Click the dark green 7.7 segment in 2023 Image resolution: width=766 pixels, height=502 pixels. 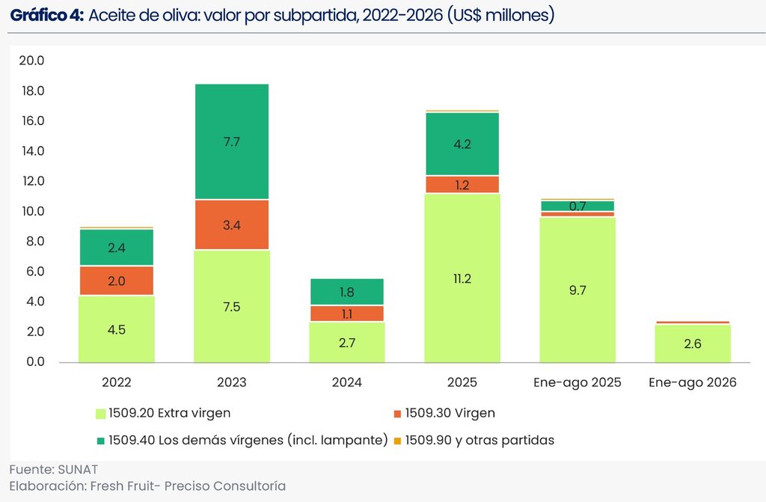232,141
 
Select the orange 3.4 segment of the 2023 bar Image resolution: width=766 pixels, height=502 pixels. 232,225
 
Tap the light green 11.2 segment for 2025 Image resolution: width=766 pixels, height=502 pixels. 462,278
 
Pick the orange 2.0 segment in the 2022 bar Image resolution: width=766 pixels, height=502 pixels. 116,281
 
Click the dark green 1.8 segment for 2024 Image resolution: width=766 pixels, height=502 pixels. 347,292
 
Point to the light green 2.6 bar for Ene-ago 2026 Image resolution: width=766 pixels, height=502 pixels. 693,343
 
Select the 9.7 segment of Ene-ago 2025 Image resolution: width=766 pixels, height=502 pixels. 577,290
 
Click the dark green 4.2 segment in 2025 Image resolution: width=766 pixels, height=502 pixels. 462,144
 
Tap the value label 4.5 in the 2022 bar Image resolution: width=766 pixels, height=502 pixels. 116,330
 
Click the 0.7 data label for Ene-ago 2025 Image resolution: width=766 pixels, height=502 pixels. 577,206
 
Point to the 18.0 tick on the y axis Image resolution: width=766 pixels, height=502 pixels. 33,91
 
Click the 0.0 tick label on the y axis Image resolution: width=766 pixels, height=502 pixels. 35,361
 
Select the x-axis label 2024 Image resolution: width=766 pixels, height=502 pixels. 347,382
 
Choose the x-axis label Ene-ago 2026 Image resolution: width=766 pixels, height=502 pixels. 693,382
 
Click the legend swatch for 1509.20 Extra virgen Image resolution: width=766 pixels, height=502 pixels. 100,414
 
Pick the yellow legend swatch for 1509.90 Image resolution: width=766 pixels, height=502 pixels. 397,441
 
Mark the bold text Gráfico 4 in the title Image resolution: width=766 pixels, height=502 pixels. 47,16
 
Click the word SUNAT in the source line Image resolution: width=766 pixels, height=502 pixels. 78,469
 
